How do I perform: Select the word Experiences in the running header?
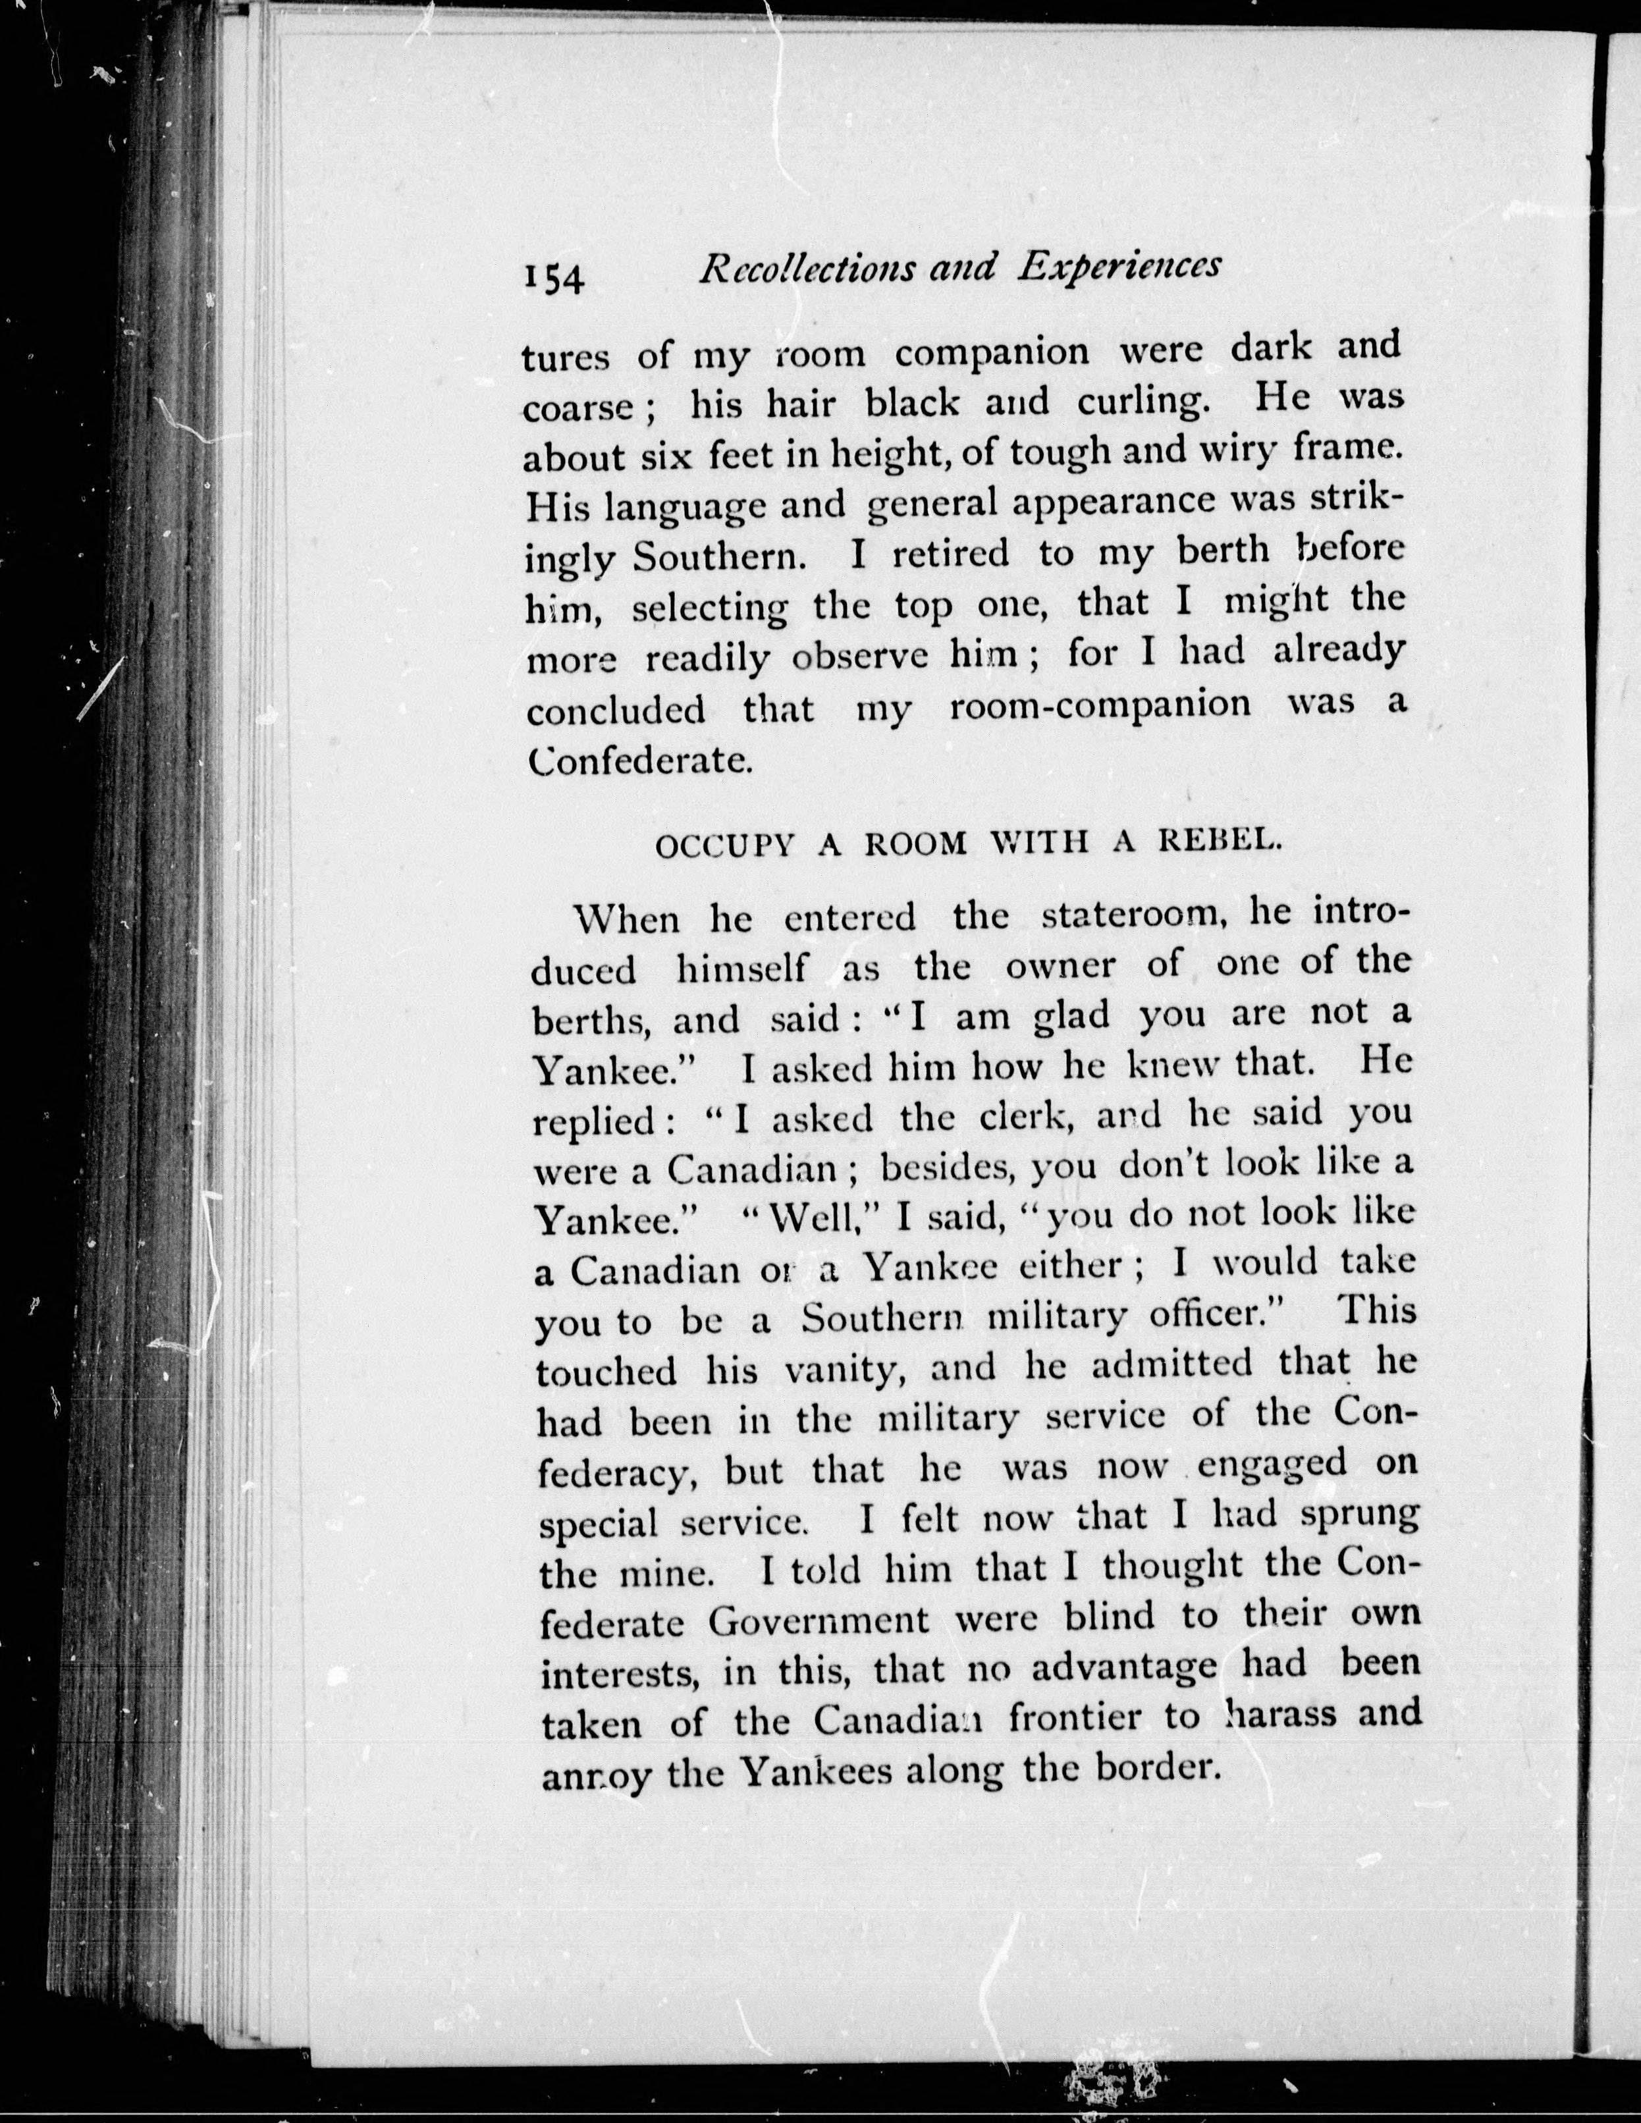pyautogui.click(x=1118, y=265)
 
